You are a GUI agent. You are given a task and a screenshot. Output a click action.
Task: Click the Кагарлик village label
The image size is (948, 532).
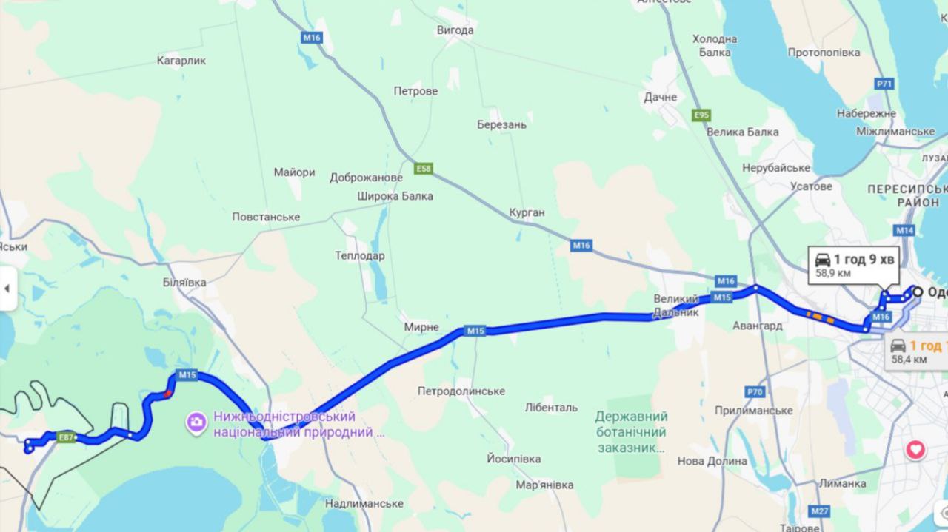181,61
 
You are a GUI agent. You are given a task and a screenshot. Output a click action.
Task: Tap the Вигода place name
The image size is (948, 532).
455,30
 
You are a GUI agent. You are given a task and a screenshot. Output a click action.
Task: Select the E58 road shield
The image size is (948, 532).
423,169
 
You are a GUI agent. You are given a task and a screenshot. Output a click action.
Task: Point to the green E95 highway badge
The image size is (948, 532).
701,115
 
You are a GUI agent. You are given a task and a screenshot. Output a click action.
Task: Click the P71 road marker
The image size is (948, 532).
884,84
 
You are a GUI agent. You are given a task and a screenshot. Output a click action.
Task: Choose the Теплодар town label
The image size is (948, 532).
360,255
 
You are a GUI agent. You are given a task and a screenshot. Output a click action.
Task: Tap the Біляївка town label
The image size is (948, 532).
184,283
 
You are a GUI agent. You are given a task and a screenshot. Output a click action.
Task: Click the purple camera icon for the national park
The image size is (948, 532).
196,422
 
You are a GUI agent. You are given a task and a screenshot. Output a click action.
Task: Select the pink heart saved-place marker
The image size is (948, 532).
916,449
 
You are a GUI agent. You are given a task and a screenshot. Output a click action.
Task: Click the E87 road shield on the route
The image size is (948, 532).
67,437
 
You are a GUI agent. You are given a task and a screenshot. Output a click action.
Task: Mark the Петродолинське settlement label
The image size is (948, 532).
461,391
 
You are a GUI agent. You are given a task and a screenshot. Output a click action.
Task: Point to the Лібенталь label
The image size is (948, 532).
551,407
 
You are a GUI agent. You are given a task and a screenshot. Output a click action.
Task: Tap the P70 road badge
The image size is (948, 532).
755,391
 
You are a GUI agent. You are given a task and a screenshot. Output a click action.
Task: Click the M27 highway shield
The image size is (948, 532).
819,511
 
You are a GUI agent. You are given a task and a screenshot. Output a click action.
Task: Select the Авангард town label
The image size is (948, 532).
758,326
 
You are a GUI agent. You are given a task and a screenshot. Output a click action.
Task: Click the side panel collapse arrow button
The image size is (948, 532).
7,287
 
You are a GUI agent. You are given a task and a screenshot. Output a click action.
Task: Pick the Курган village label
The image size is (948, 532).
527,212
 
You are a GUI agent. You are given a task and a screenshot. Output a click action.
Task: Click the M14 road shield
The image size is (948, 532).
904,230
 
